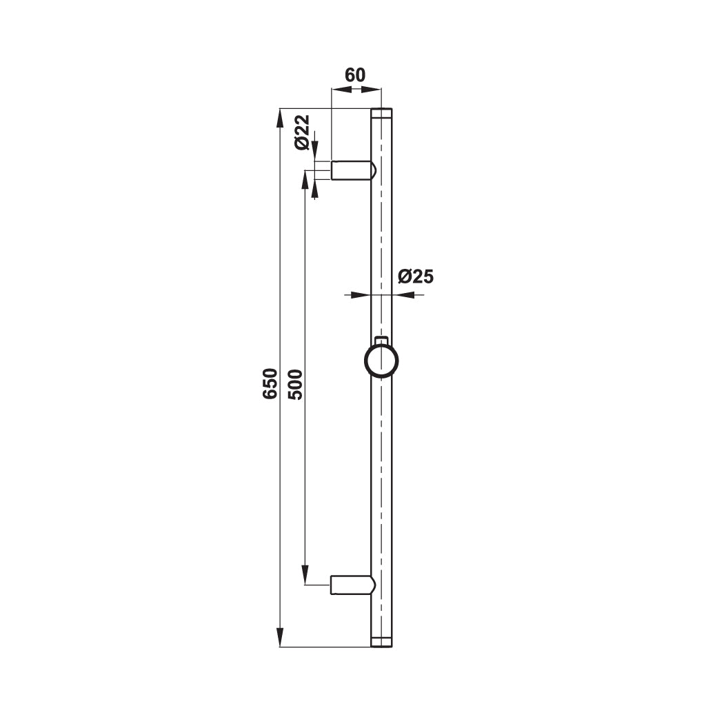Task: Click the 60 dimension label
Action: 355,75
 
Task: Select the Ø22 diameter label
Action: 302,132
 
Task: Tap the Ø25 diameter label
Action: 416,277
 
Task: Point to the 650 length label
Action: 270,383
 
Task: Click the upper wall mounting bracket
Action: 354,170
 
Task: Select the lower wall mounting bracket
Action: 354,585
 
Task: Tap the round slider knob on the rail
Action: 381,361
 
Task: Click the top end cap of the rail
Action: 381,113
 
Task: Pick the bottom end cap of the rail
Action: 381,643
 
